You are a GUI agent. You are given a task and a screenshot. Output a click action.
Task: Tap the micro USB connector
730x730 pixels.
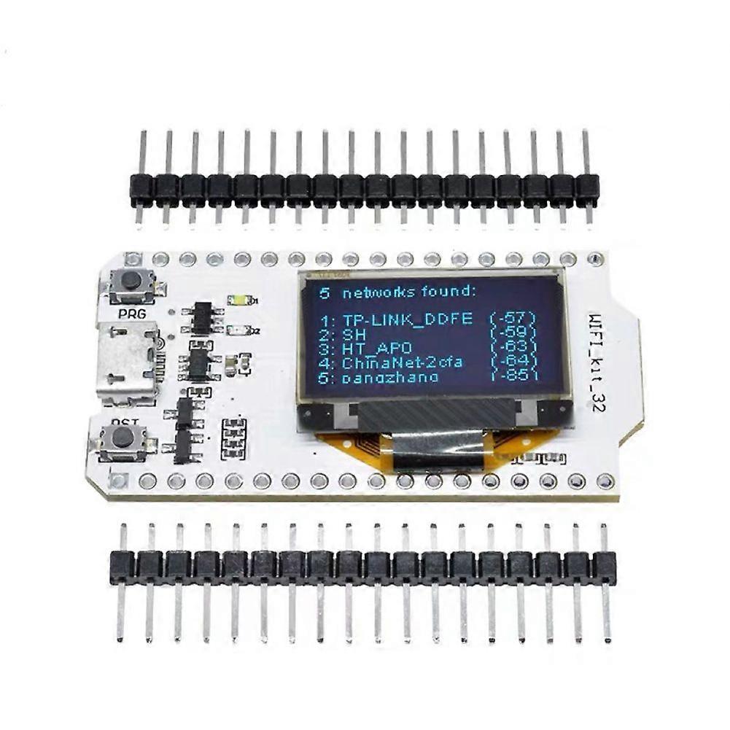pyautogui.click(x=128, y=365)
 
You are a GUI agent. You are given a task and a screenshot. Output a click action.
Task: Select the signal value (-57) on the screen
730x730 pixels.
pyautogui.click(x=514, y=319)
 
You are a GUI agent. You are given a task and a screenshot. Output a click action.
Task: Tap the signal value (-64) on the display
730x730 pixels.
pyautogui.click(x=514, y=362)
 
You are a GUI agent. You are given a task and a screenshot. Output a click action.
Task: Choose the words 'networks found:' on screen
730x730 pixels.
pyautogui.click(x=408, y=292)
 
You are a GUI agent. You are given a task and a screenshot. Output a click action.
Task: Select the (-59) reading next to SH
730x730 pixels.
pyautogui.click(x=514, y=333)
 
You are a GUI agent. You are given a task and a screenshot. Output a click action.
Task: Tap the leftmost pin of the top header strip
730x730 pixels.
pyautogui.click(x=141, y=179)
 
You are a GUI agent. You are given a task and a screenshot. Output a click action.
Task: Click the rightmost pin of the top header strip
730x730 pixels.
pyautogui.click(x=586, y=179)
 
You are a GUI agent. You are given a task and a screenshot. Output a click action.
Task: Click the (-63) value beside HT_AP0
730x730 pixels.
pyautogui.click(x=514, y=347)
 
